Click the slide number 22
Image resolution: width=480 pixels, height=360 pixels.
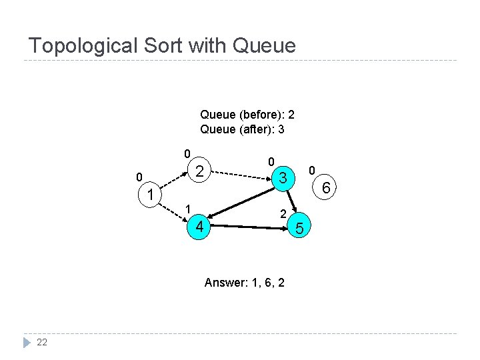tap(42, 342)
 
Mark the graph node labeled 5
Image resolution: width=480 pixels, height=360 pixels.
tap(299, 229)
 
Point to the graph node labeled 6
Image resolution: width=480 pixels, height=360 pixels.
tap(326, 189)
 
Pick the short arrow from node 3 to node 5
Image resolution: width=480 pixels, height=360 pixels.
tap(292, 203)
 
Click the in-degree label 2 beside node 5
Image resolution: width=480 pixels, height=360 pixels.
tap(283, 215)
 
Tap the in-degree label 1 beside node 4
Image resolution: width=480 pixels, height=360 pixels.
tap(188, 208)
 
